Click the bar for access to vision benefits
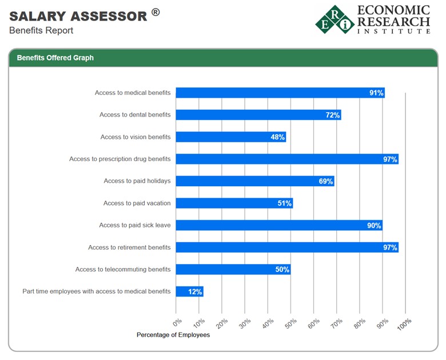230,137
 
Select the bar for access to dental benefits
258,115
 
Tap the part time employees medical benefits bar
189,291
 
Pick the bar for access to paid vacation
234,203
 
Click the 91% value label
376,93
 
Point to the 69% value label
325,181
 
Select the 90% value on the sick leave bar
373,225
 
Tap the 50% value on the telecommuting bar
282,269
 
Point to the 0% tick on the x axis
177,323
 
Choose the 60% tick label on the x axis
313,323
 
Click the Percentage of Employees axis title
173,335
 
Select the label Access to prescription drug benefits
120,159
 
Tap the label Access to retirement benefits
129,247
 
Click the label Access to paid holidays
137,181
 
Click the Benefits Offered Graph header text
55,58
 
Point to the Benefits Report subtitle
41,30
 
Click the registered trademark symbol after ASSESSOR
156,13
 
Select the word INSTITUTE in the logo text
393,31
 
